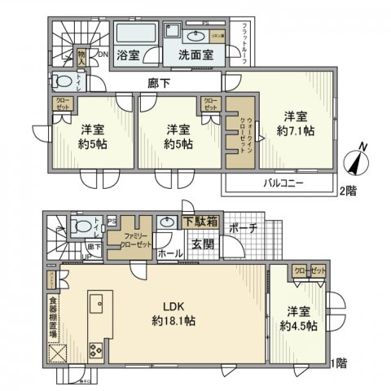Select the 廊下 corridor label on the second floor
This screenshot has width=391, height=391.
[x=160, y=82]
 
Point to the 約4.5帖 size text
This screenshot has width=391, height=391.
[x=297, y=326]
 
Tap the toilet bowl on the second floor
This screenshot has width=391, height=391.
[x=63, y=82]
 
